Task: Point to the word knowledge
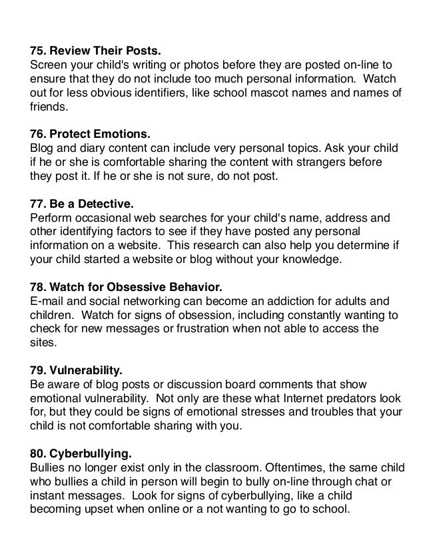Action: coord(314,259)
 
